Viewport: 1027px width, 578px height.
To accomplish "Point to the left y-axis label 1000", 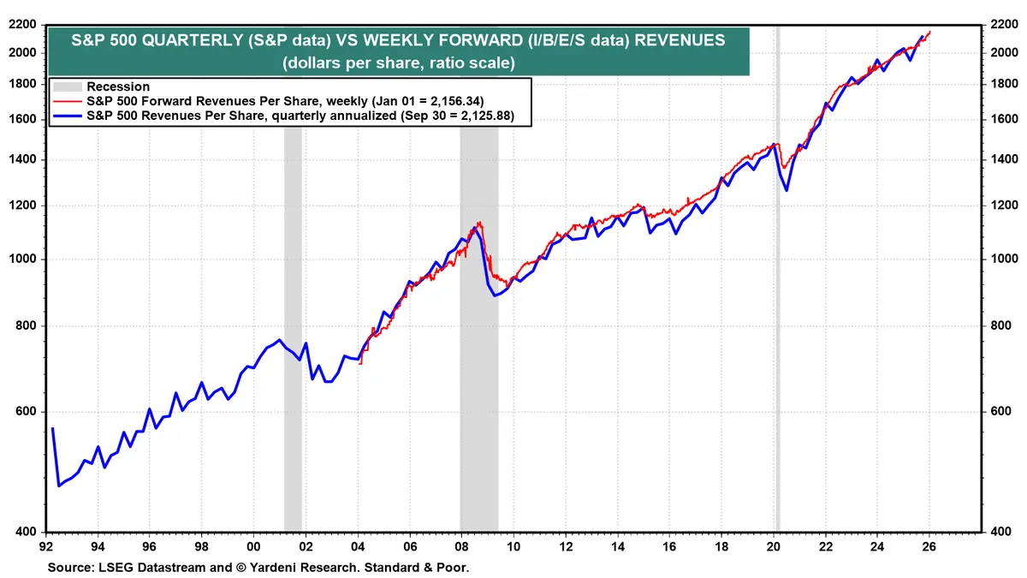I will coord(26,259).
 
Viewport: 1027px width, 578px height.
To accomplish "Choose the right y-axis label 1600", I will coord(1003,120).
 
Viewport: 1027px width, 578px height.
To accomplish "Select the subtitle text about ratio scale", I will coord(397,63).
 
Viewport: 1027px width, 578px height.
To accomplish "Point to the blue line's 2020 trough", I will coord(787,189).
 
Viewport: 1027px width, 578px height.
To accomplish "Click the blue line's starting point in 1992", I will coord(52,428).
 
